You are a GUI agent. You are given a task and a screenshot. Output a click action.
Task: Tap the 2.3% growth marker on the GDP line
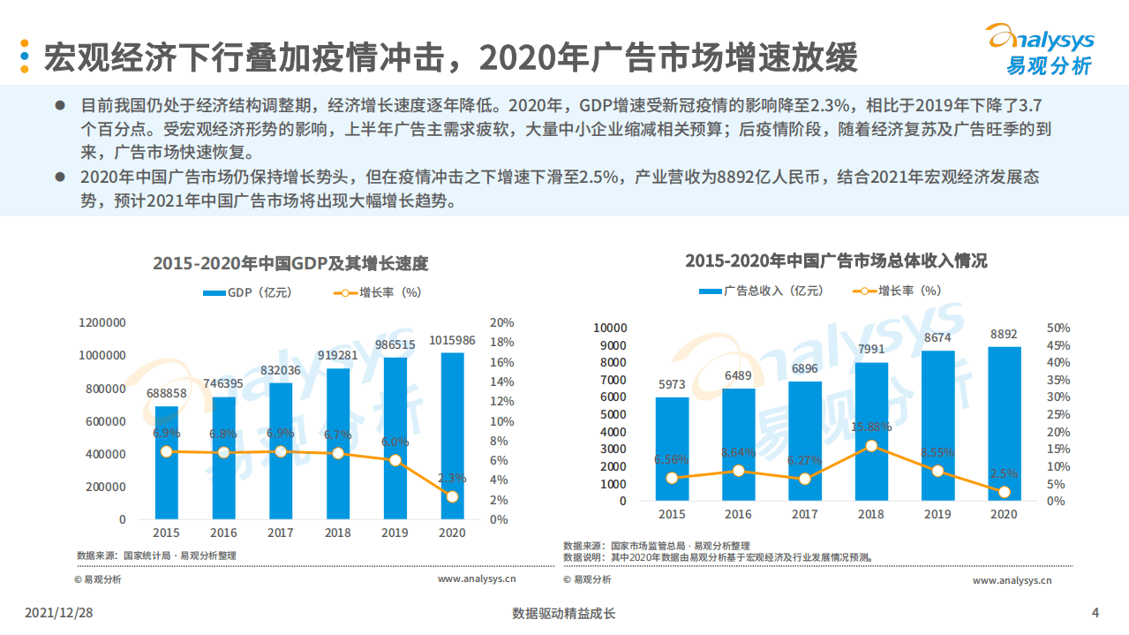(x=452, y=496)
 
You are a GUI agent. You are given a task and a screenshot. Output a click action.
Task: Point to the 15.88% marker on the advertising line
(x=871, y=446)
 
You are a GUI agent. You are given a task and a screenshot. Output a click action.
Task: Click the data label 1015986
(x=452, y=341)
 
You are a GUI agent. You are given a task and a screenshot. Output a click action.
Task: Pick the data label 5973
(x=672, y=384)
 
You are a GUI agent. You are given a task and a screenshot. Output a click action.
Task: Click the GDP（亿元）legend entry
(x=247, y=293)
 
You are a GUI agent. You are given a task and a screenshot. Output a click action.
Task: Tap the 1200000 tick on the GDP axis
(x=102, y=323)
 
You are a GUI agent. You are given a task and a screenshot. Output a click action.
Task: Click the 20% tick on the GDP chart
(x=501, y=323)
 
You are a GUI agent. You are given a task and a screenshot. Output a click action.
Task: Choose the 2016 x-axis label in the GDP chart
(x=223, y=533)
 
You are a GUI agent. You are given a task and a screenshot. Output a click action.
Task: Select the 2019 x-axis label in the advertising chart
(x=937, y=514)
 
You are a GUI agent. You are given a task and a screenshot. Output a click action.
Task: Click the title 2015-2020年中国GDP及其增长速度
(x=290, y=264)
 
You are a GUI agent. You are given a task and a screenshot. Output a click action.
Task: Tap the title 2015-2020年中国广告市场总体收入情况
(x=835, y=261)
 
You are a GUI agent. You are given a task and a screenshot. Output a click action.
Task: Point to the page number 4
(x=1095, y=613)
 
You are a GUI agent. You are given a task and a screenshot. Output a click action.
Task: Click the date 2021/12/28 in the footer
(x=58, y=613)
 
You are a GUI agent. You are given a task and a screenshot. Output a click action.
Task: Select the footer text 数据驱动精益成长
(x=563, y=613)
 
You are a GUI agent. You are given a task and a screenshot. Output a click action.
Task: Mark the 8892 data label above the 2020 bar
(x=1004, y=334)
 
